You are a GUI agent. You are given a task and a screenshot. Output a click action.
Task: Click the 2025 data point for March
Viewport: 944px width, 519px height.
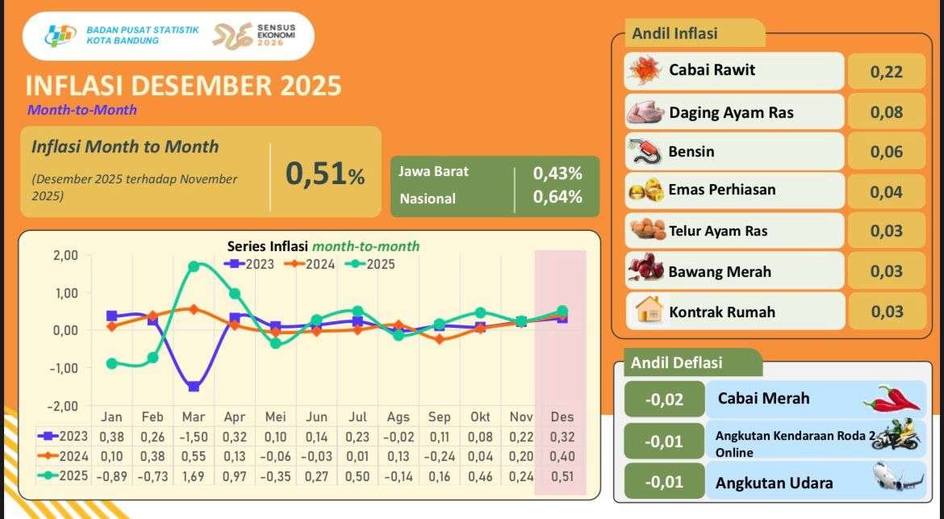pos(194,266)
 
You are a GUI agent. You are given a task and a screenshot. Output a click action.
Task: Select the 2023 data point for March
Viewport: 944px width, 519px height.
pos(194,387)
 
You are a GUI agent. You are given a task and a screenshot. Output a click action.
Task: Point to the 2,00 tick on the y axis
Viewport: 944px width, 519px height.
pos(65,256)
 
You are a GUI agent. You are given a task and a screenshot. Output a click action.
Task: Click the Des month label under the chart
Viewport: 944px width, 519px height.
pos(562,417)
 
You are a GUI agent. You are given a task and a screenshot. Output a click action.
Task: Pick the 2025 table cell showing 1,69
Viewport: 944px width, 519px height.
pos(194,475)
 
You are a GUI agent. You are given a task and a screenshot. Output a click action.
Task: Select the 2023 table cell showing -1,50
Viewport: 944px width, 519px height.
pos(194,437)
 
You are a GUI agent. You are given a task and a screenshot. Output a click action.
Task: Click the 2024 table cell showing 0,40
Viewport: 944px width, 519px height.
pos(562,456)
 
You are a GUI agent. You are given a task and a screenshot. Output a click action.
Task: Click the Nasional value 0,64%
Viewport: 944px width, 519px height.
pos(558,197)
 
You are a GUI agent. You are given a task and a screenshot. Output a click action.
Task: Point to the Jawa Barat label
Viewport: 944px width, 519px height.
pos(433,171)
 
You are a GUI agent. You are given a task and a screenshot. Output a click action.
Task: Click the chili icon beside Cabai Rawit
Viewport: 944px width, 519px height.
pos(645,71)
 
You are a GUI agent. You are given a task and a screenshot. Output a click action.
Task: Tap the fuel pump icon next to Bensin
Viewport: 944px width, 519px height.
pos(645,151)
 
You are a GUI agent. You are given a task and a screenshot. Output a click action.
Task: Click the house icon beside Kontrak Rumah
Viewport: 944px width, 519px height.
pos(648,311)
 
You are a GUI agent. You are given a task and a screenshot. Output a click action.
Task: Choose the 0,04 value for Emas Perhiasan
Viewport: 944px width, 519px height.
pos(886,192)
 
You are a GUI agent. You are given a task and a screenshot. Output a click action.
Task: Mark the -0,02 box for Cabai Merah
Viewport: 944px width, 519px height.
pos(664,399)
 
